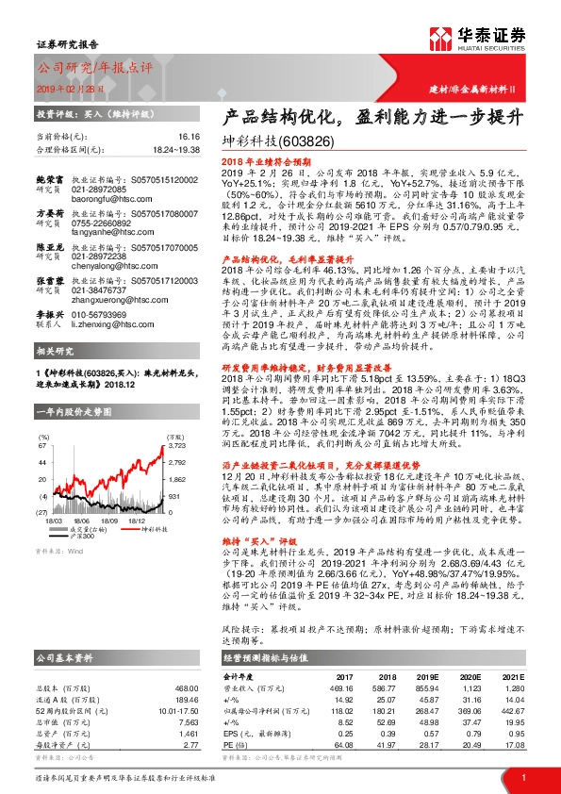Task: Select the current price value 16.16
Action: pyautogui.click(x=187, y=137)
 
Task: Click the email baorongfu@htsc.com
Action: pyautogui.click(x=112, y=191)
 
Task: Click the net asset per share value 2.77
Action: pyautogui.click(x=186, y=742)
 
